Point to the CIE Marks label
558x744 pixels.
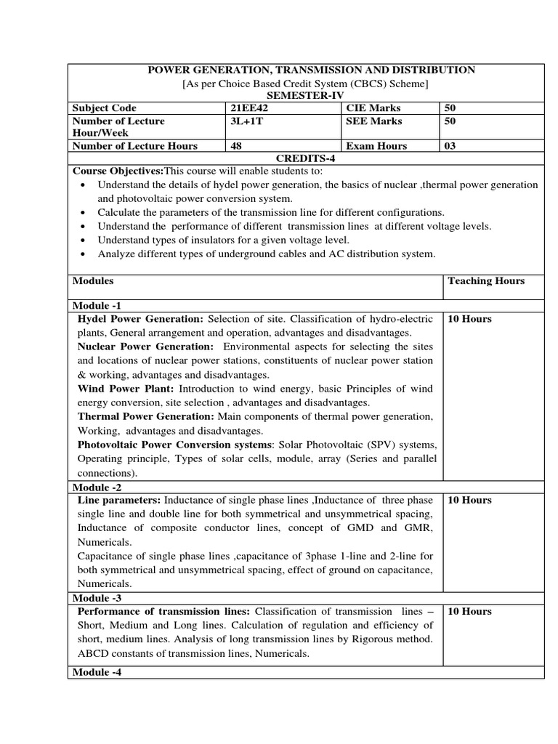(373, 108)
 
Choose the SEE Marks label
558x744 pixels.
(373, 121)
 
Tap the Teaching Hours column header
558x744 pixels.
(486, 280)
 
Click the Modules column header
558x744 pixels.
(93, 280)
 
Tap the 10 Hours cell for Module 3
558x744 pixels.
(469, 611)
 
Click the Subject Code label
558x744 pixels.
(105, 108)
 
